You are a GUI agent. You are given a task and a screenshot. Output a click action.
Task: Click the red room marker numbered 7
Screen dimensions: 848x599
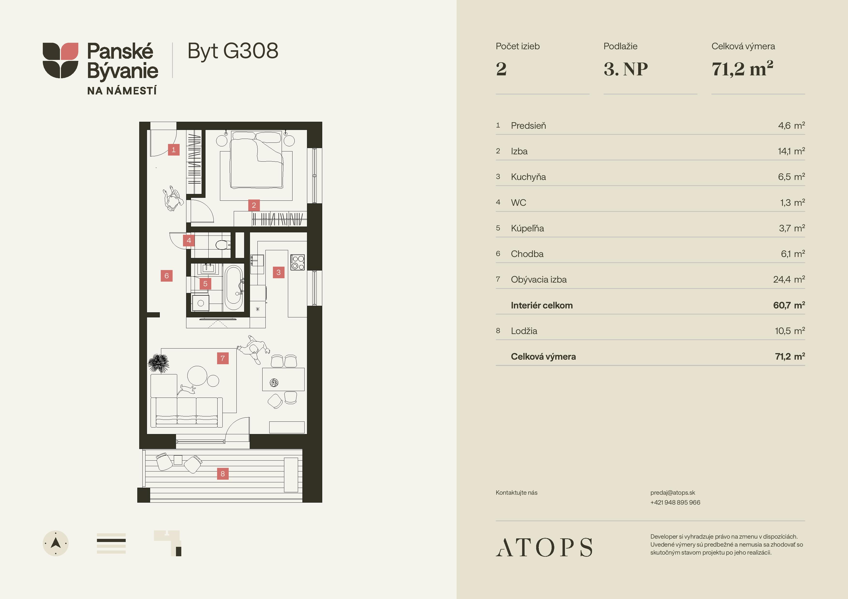pyautogui.click(x=223, y=358)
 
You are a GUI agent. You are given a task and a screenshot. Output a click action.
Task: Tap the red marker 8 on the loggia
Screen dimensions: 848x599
pyautogui.click(x=223, y=473)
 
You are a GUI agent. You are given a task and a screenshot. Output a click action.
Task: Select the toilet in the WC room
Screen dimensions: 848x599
pyautogui.click(x=223, y=245)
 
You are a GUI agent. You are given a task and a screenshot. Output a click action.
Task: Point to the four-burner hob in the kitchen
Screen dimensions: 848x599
pyautogui.click(x=298, y=262)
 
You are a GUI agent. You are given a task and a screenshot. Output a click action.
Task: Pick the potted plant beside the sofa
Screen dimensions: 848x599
pyautogui.click(x=158, y=363)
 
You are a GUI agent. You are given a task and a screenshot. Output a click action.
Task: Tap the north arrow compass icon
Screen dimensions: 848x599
pyautogui.click(x=56, y=543)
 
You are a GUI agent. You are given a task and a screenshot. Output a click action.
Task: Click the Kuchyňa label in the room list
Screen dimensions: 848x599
pyautogui.click(x=528, y=177)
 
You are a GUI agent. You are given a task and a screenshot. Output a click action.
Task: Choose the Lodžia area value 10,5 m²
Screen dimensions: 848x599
pyautogui.click(x=790, y=331)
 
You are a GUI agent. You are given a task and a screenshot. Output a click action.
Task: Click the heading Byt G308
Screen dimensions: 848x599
pyautogui.click(x=233, y=51)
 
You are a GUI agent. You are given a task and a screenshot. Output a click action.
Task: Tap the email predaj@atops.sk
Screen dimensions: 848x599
pyautogui.click(x=673, y=493)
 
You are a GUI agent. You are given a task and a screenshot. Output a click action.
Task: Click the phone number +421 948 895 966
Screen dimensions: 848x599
pyautogui.click(x=675, y=502)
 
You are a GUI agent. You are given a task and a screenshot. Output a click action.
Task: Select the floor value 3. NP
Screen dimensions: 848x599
pyautogui.click(x=626, y=69)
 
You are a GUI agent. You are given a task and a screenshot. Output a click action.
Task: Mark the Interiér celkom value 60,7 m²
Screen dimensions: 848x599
pyautogui.click(x=789, y=305)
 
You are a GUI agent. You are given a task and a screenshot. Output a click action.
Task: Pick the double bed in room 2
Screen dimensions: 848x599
pyautogui.click(x=257, y=160)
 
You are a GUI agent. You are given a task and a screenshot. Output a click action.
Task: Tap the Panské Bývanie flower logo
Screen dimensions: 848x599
pyautogui.click(x=61, y=60)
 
